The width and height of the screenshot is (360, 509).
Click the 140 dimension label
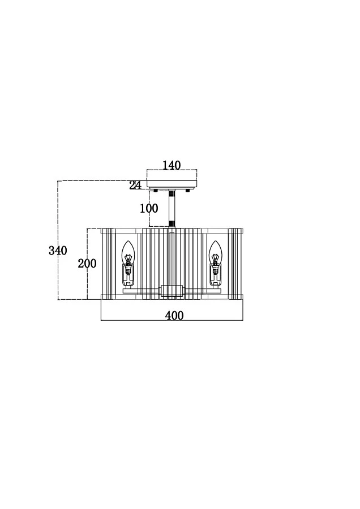172,165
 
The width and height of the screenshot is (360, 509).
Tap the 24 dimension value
135,186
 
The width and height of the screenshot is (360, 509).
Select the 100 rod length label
149,208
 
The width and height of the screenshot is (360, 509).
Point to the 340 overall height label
58,251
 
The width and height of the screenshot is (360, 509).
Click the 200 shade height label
87,263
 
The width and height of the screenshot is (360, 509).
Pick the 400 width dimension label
174,316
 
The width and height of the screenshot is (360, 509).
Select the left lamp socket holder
128,276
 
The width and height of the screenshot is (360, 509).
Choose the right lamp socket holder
215,276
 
